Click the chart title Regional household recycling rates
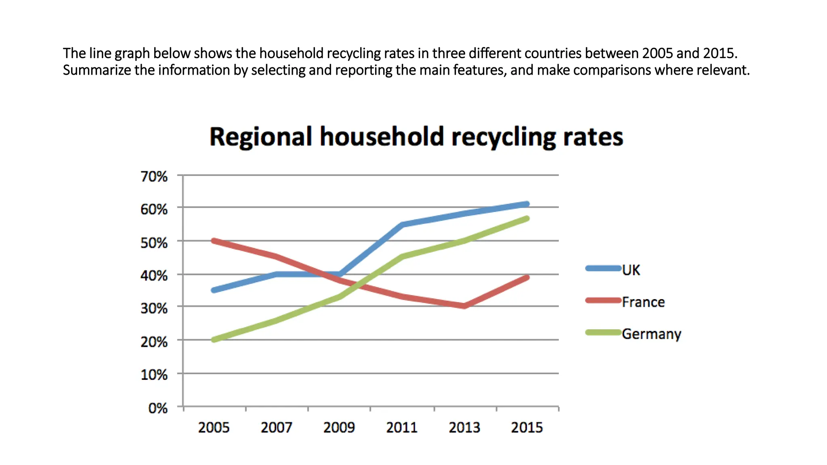click(x=416, y=136)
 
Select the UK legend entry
click(x=630, y=270)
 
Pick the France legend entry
click(x=643, y=302)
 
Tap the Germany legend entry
click(x=651, y=334)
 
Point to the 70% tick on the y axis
click(x=154, y=176)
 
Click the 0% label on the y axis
click(x=157, y=408)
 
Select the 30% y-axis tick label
click(x=154, y=308)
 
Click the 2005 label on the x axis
click(x=214, y=427)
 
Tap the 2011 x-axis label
click(x=401, y=427)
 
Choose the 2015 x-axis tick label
click(x=527, y=427)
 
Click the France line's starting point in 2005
click(x=214, y=241)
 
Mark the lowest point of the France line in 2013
click(x=464, y=306)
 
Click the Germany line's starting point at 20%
click(x=214, y=339)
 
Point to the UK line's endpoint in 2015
click(x=527, y=204)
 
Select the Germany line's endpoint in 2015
click(x=527, y=219)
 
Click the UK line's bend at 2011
click(x=402, y=224)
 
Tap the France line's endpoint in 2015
click(x=527, y=278)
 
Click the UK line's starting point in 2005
click(x=214, y=290)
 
